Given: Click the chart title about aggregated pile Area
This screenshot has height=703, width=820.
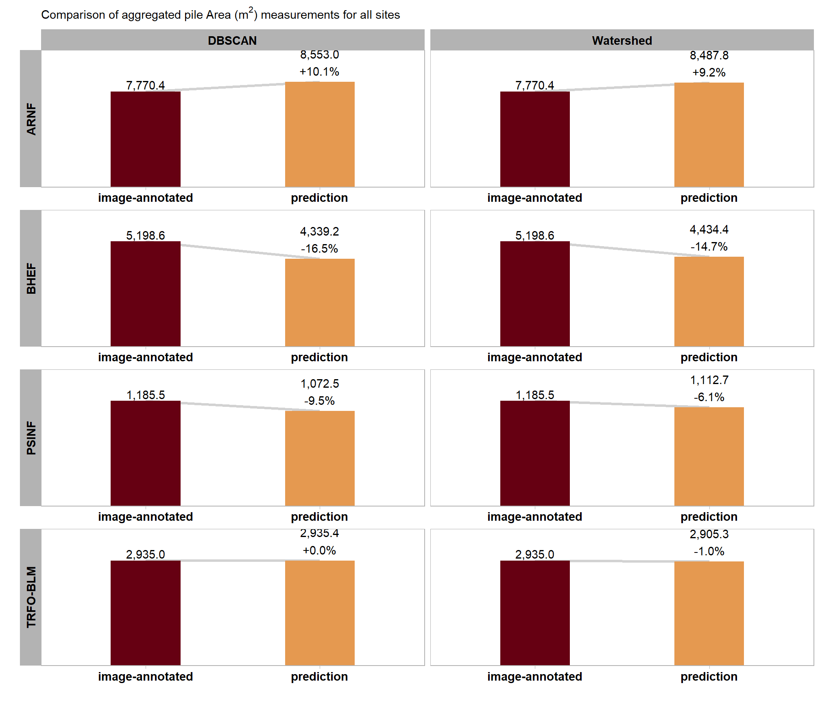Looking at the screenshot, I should [x=220, y=15].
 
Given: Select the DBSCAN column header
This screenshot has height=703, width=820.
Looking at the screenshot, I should [x=232, y=41].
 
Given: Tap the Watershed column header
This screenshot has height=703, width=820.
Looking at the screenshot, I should [x=622, y=41].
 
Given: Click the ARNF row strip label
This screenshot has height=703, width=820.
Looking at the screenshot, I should [x=31, y=119].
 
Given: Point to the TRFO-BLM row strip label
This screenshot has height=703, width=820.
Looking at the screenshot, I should [x=31, y=597].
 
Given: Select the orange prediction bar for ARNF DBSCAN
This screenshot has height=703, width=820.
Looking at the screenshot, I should [x=320, y=134].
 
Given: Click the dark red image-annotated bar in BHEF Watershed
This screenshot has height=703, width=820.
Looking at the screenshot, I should [x=535, y=294].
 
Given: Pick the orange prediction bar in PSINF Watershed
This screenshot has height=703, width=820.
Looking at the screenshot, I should [x=709, y=456].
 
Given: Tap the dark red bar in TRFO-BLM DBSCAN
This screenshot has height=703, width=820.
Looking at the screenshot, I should [x=146, y=613].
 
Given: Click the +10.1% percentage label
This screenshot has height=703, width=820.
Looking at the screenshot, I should [x=319, y=72].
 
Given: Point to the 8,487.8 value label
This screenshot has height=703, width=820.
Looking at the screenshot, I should [x=709, y=55].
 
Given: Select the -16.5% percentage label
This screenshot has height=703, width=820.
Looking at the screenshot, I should [x=319, y=249].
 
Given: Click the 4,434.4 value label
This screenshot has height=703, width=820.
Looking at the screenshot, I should [x=709, y=229].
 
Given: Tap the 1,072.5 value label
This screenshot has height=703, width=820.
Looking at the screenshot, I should [x=319, y=384].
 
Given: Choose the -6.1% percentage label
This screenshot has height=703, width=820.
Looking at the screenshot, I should [x=709, y=397].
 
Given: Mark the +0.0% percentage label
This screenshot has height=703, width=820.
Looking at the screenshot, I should [x=319, y=550].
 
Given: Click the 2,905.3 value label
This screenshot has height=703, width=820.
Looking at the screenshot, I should [x=709, y=534].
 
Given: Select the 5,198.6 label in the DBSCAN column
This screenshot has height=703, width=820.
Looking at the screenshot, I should [x=146, y=236].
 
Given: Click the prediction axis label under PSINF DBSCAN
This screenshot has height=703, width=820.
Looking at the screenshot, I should [x=319, y=517].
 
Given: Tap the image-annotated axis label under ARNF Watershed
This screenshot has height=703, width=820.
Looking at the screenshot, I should [x=535, y=198].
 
